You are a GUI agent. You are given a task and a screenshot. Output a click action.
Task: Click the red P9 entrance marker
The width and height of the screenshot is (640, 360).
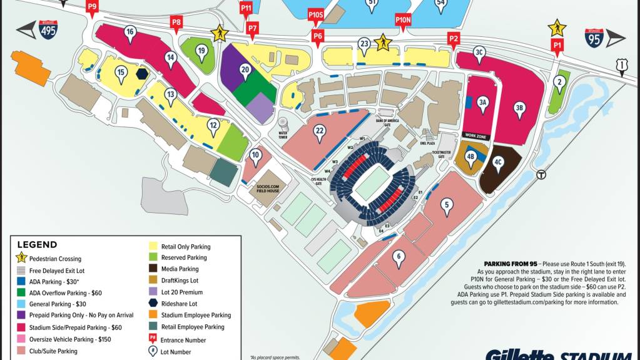[x=93, y=8]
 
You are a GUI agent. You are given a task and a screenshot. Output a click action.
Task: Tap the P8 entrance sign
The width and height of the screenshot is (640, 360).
[x=176, y=24]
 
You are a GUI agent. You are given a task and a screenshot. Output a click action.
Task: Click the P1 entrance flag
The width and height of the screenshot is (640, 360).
[x=556, y=45]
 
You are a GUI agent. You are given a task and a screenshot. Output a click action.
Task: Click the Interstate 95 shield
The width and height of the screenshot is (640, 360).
[x=594, y=38]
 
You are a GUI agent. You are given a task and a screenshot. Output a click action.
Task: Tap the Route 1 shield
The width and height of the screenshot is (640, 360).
[x=621, y=64]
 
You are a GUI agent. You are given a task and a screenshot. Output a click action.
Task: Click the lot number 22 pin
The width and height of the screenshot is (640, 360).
[x=320, y=132]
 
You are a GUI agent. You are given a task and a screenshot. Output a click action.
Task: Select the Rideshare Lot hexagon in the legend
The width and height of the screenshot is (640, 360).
[x=153, y=303]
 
